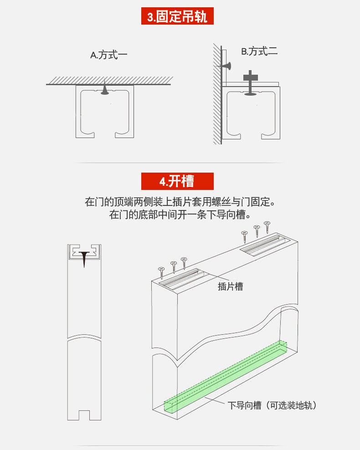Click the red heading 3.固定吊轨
177,17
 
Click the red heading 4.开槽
177,181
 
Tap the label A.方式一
108,56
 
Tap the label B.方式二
259,51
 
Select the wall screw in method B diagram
226,66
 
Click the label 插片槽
230,286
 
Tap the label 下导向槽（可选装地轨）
272,405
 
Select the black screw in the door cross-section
84,257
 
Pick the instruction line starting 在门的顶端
180,201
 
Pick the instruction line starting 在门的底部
180,215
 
